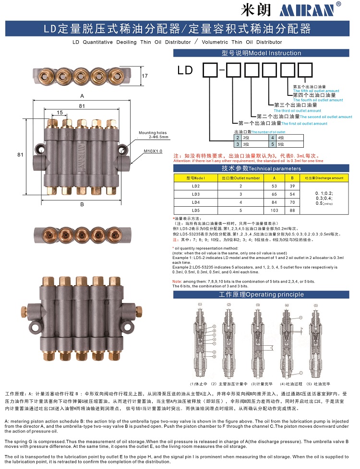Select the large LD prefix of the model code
pyautogui.click(x=185, y=71)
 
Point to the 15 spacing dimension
pyautogui.click(x=60, y=112)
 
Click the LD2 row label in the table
pyautogui.click(x=195, y=186)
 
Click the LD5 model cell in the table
pyautogui.click(x=195, y=210)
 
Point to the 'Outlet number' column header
pyautogui.click(x=240, y=177)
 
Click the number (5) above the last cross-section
pyautogui.click(x=315, y=305)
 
